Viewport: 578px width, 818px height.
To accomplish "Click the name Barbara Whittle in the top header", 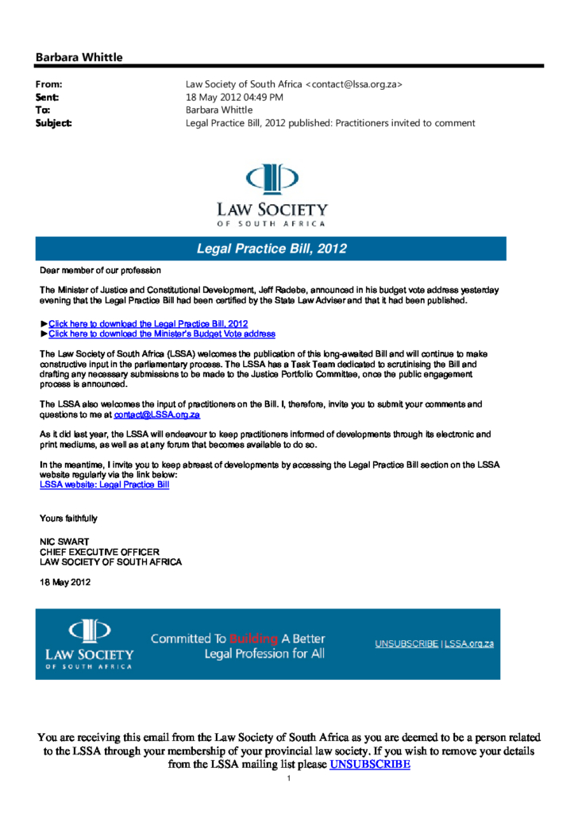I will (x=79, y=57).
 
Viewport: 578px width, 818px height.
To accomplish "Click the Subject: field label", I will (x=54, y=123).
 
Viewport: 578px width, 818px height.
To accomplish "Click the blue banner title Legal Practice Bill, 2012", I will (x=272, y=249).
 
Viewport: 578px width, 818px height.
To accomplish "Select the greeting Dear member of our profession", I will (x=100, y=272).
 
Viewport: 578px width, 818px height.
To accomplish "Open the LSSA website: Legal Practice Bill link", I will (x=104, y=484).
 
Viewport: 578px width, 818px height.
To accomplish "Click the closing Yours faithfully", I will (x=68, y=519).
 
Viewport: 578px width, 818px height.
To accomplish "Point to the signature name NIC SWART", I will (x=64, y=542).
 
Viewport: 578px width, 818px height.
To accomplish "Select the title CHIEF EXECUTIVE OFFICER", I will (x=99, y=552).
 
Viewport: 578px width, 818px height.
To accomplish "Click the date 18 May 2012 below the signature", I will (x=65, y=582).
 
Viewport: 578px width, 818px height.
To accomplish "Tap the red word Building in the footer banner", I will (x=252, y=639).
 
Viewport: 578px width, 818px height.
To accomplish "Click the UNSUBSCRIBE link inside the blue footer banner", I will (x=407, y=644).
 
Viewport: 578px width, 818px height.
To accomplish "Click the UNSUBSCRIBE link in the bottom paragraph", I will (x=370, y=765).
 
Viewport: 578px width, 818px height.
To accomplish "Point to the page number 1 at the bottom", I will (x=289, y=778).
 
